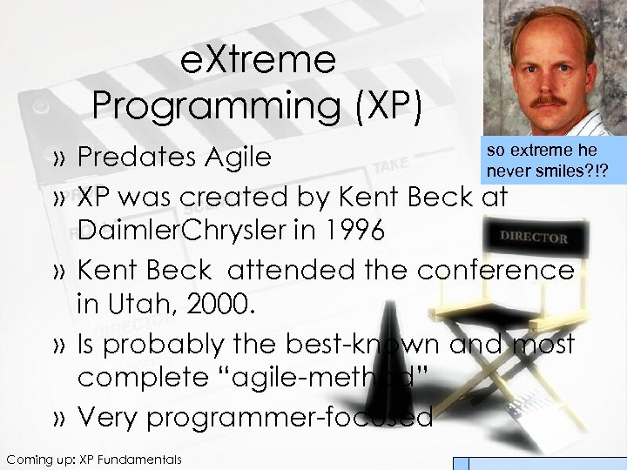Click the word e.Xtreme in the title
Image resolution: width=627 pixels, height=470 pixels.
pyautogui.click(x=257, y=60)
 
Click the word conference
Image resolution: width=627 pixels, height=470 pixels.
pyautogui.click(x=496, y=270)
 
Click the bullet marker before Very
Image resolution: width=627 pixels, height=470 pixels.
pyautogui.click(x=58, y=419)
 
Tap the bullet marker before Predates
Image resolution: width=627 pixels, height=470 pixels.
pyautogui.click(x=58, y=159)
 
